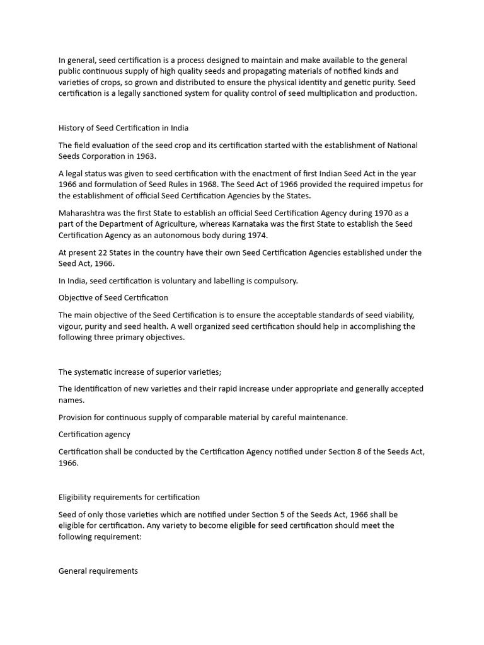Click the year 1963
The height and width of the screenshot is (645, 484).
(x=144, y=156)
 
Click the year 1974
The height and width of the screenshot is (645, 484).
(x=258, y=236)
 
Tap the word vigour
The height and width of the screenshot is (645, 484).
(x=71, y=326)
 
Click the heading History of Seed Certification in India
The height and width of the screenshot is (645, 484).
(x=124, y=128)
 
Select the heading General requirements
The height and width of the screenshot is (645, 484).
(x=98, y=571)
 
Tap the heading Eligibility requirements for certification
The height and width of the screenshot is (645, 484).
(x=129, y=497)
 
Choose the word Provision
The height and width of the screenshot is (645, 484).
(x=78, y=418)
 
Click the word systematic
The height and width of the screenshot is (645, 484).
(x=101, y=372)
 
